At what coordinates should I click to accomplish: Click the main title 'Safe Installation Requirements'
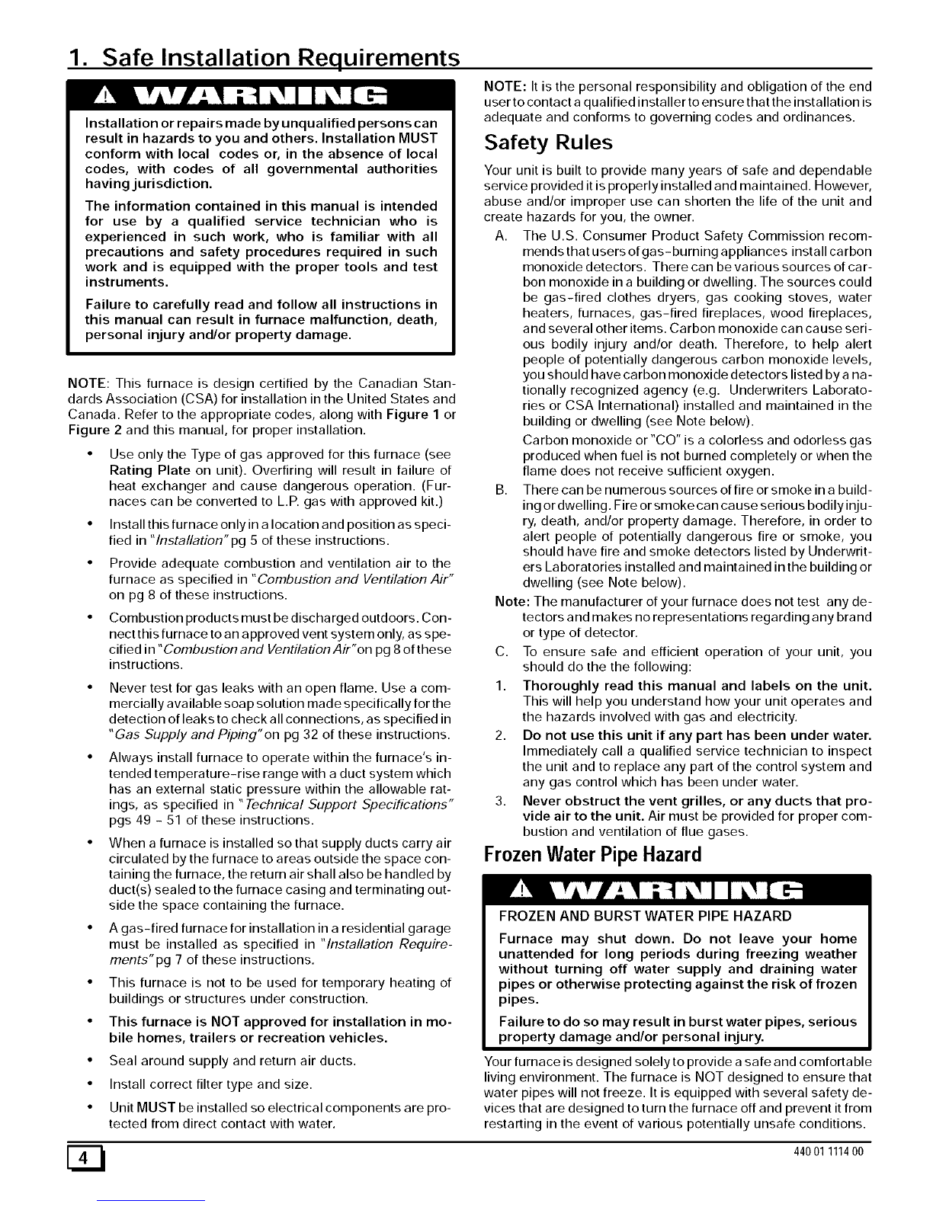click(264, 58)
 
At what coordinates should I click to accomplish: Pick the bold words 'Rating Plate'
click(149, 469)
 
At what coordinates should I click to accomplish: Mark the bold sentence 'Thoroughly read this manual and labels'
click(697, 684)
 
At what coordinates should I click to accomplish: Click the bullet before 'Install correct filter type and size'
click(91, 1084)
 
